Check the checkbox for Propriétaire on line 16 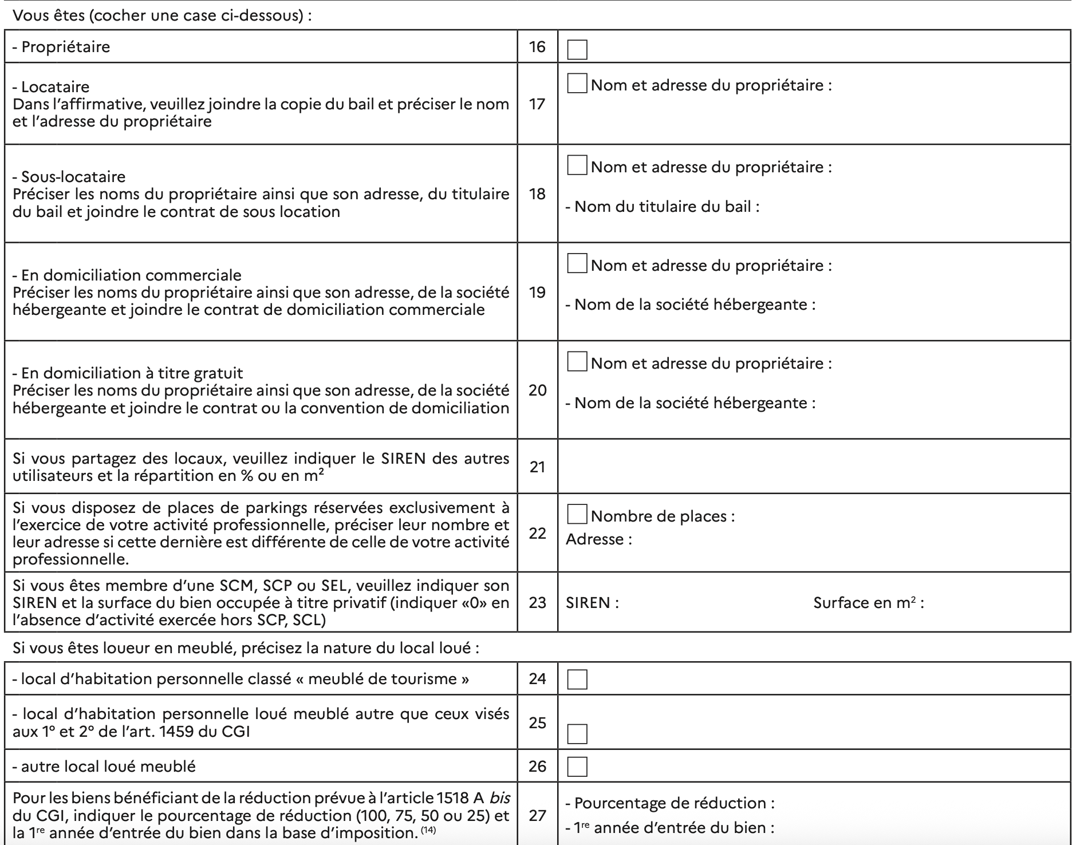[x=577, y=50]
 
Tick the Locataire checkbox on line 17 [x=577, y=84]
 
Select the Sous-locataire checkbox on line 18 [x=577, y=165]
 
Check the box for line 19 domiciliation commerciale [x=577, y=264]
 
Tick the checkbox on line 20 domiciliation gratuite [x=577, y=362]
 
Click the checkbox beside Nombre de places [x=577, y=514]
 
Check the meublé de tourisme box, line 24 [x=577, y=680]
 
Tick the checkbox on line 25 [x=577, y=734]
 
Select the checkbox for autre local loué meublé [x=577, y=767]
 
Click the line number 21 [x=537, y=467]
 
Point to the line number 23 [x=537, y=603]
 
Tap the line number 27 [x=537, y=815]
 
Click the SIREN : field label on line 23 [x=592, y=603]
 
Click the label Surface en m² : [x=868, y=603]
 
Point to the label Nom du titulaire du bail [x=667, y=207]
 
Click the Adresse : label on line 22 [x=598, y=539]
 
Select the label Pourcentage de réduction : [x=674, y=803]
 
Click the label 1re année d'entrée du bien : [x=674, y=828]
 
